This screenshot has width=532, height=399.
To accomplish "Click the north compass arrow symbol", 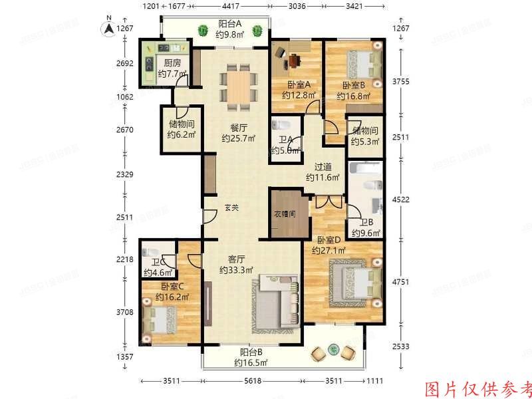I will pyautogui.click(x=105, y=29).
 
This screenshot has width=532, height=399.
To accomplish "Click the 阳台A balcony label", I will pyautogui.click(x=230, y=24).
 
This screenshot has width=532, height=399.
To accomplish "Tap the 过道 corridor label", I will pyautogui.click(x=323, y=167).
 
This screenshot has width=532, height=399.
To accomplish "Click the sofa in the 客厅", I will pyautogui.click(x=276, y=306).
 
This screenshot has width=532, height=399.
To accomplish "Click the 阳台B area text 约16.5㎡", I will pyautogui.click(x=251, y=363).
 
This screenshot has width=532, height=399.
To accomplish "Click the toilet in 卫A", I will pyautogui.click(x=280, y=125).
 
